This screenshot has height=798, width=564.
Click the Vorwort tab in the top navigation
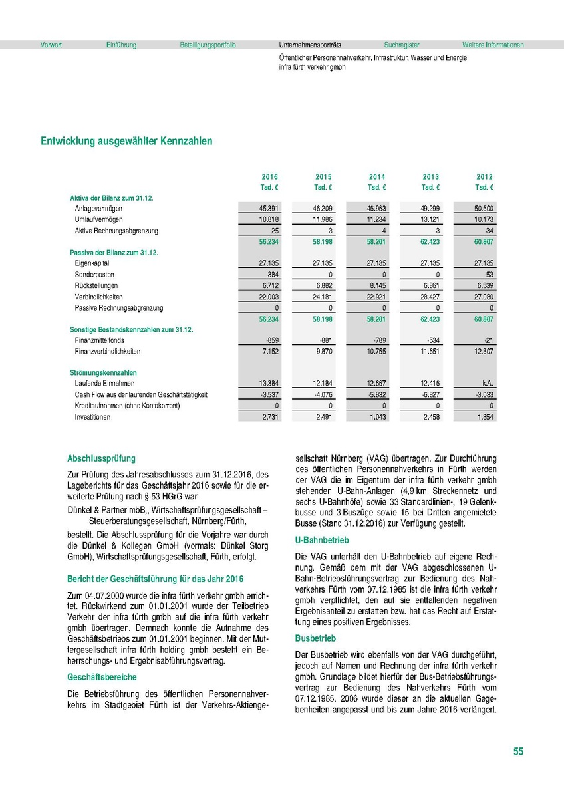(x=51, y=45)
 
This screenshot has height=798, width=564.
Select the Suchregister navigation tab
(x=401, y=45)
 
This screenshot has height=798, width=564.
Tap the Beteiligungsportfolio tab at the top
(x=208, y=45)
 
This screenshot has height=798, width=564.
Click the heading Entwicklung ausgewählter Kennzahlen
(x=126, y=142)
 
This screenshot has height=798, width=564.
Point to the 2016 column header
(x=269, y=177)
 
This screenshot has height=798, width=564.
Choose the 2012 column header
(x=484, y=177)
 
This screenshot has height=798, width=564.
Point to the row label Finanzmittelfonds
(x=97, y=340)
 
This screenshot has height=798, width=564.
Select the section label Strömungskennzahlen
(x=98, y=373)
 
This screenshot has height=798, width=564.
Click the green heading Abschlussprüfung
(x=101, y=458)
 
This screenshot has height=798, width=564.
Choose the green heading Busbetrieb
(x=313, y=638)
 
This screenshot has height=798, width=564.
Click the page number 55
(x=518, y=752)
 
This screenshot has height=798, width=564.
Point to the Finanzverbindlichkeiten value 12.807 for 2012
(x=484, y=351)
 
